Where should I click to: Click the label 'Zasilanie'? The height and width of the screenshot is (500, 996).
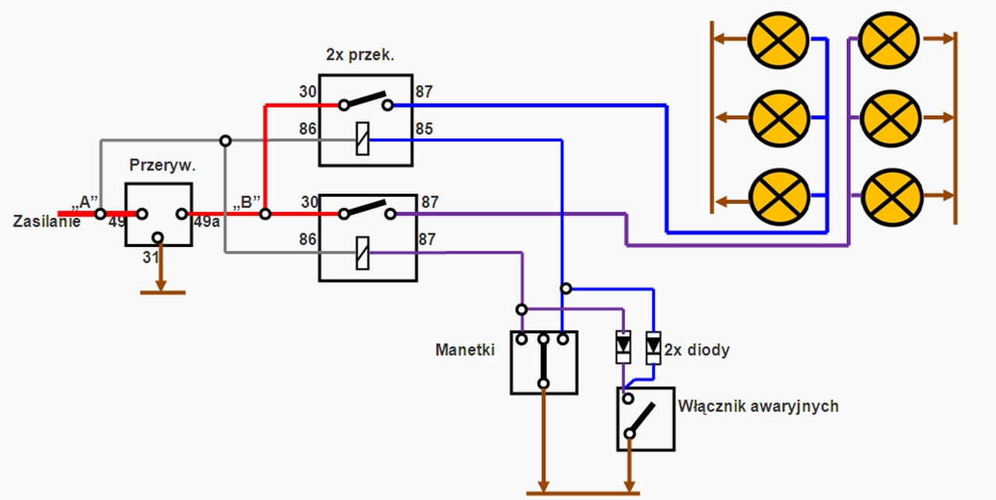point(47,221)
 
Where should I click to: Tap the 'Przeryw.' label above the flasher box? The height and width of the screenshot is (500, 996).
point(163,165)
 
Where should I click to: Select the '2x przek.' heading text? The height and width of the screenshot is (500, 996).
point(360,55)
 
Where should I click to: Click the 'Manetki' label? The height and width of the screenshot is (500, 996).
point(465,350)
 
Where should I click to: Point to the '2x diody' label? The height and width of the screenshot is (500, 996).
point(696,350)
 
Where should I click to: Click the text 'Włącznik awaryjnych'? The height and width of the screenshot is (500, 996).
point(758,406)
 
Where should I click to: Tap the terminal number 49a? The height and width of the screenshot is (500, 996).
point(207,221)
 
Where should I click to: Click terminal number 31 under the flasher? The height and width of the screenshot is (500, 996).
point(151,257)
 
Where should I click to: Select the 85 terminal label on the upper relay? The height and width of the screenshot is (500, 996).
point(424,129)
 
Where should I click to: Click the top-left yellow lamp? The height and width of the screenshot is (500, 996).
point(778,40)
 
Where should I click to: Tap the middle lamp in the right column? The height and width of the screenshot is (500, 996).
point(891,118)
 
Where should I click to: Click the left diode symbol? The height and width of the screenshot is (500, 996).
point(623,347)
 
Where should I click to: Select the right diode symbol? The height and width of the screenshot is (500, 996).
point(653,347)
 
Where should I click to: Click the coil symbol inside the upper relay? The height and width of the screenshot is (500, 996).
point(363,139)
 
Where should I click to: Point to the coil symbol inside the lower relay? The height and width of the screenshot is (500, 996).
point(363,252)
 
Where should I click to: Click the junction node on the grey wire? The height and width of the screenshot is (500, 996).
point(226,141)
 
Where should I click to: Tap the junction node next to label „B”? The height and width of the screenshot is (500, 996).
point(265,214)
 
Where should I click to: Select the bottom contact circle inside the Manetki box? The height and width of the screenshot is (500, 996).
point(543,383)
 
